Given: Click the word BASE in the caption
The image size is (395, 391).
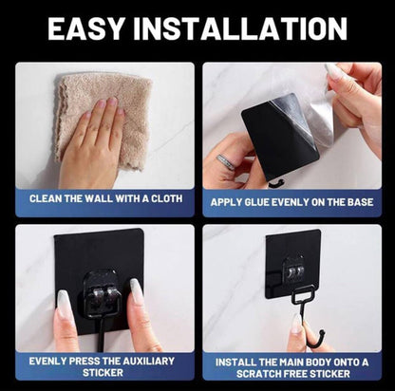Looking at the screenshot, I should point(357,201).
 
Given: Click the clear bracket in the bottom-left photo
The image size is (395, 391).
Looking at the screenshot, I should point(99,289).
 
